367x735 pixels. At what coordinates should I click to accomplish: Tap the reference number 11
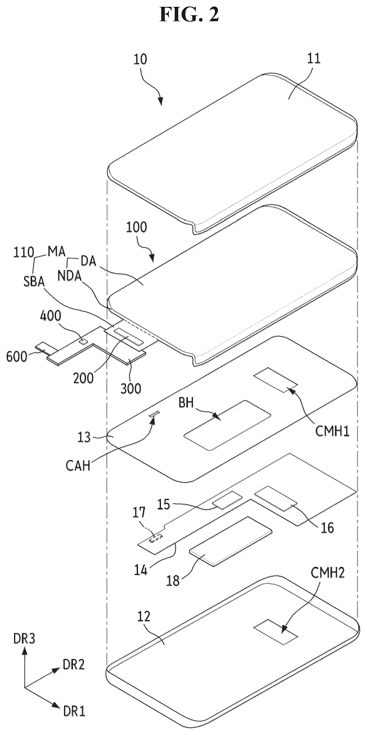pyautogui.click(x=314, y=58)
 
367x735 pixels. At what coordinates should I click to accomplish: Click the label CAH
pyautogui.click(x=78, y=466)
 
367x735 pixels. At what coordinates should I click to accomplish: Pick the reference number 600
pyautogui.click(x=16, y=356)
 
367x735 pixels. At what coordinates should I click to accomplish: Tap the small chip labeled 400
pyautogui.click(x=83, y=340)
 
